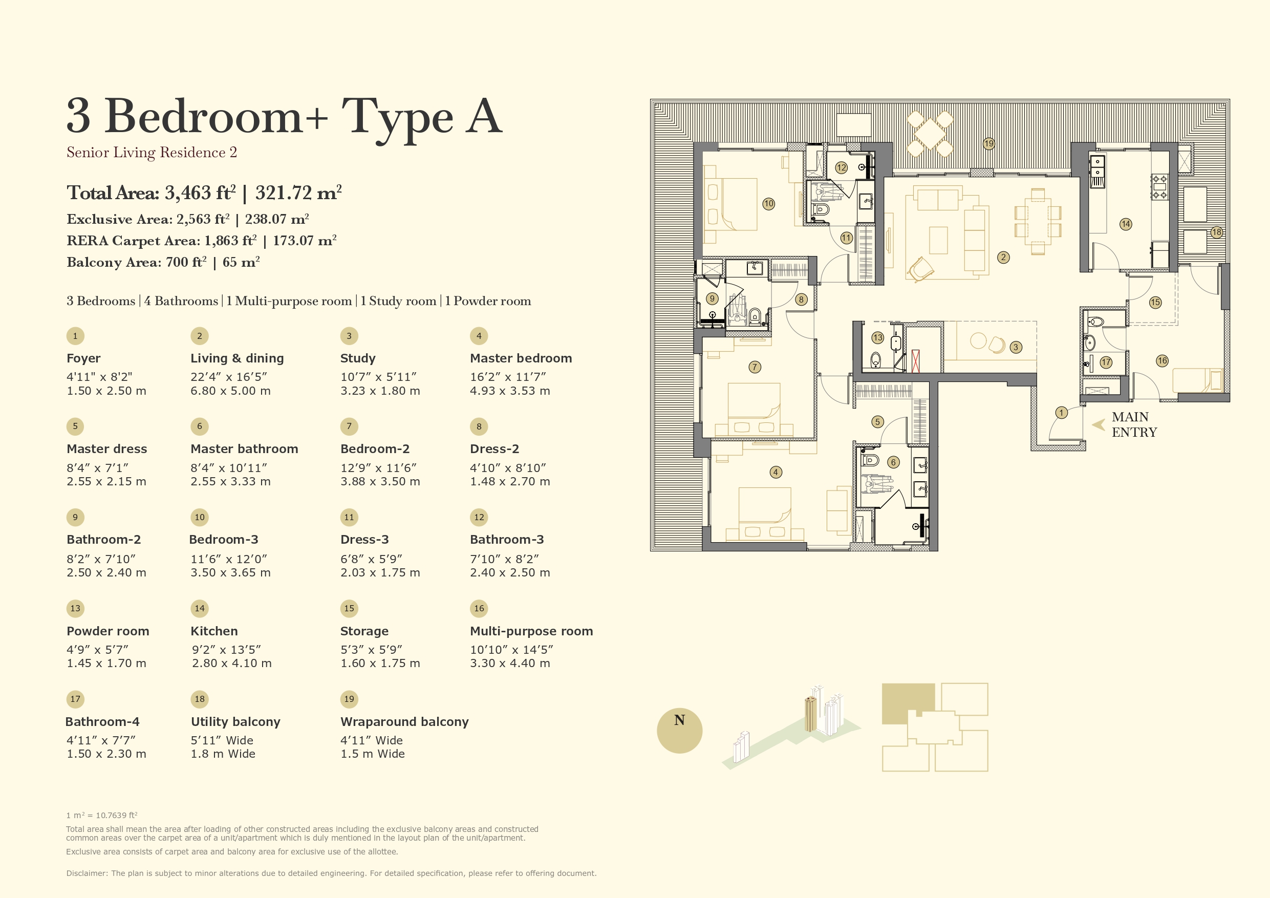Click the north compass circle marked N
679,731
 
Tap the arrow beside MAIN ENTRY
1099,424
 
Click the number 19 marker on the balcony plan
989,144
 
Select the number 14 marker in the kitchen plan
1126,224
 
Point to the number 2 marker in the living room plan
1003,258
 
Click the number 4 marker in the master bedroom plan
776,472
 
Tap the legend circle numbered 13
75,608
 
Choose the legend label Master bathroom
245,448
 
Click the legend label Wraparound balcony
404,721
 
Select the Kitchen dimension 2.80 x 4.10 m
232,663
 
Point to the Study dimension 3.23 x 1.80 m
380,391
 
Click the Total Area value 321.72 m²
299,193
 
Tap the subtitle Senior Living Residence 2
152,153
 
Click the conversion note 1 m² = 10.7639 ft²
102,815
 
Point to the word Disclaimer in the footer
87,873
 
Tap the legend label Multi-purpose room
531,631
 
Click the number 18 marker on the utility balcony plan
1216,232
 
